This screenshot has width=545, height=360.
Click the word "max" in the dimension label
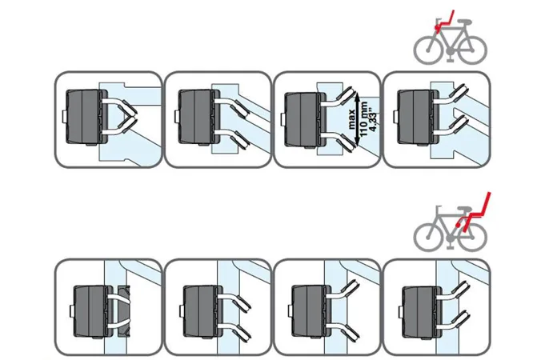(x=352, y=119)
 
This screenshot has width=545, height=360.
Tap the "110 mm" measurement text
(x=363, y=119)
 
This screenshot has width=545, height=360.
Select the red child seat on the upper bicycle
(x=444, y=22)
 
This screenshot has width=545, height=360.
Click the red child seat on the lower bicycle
(x=474, y=212)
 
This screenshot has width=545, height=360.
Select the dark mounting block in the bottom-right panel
(x=422, y=311)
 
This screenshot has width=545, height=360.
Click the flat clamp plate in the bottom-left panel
(x=124, y=311)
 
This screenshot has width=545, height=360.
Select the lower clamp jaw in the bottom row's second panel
(x=242, y=332)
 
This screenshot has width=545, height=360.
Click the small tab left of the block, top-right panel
(x=395, y=117)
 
